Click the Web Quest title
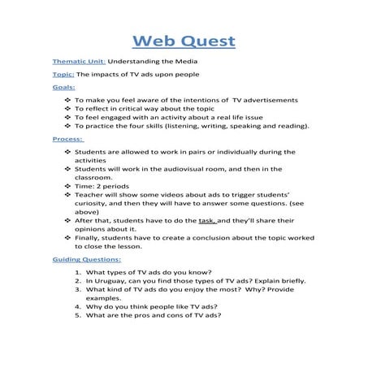click(184, 41)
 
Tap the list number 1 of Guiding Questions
click(76, 271)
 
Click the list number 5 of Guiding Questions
click(76, 315)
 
